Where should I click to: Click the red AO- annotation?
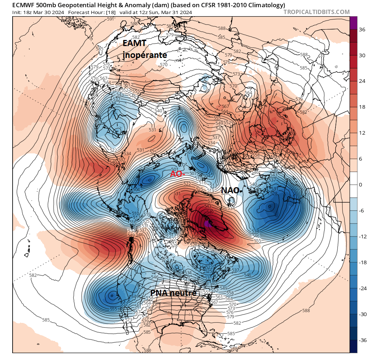177,174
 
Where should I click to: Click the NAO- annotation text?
230,190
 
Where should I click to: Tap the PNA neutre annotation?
173,293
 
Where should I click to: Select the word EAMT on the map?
134,44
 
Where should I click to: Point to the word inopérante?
145,55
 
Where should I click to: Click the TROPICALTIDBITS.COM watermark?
316,12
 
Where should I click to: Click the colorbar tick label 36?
362,30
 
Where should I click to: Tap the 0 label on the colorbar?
361,185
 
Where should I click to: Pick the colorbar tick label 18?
362,107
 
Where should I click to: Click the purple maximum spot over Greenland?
206,224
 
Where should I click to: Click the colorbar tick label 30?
362,56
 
